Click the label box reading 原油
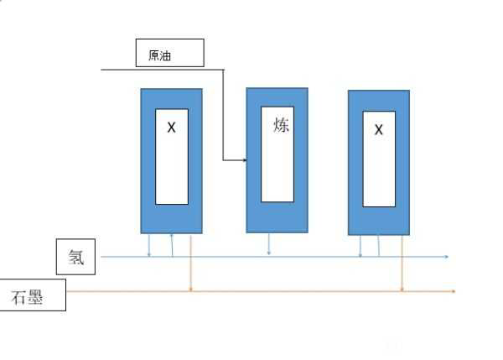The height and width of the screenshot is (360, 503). coord(170,53)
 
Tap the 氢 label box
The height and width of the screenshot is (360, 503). coord(76,257)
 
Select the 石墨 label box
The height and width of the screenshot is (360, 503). coord(32,295)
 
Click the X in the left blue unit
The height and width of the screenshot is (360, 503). coord(171,128)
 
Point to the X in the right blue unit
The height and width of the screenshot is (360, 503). coord(378,130)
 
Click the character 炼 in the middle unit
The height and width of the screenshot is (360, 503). coord(281,125)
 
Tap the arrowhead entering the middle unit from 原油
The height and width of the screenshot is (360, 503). coord(243,159)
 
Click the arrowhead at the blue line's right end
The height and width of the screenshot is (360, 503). coord(447,257)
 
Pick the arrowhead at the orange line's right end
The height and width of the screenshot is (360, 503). coord(454,291)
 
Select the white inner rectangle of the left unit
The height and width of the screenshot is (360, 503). coord(171,157)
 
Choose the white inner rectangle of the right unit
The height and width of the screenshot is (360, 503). coord(379,159)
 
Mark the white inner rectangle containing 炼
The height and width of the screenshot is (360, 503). coord(277,154)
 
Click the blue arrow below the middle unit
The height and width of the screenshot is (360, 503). coord(269,245)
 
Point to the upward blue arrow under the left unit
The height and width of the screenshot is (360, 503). coord(172,244)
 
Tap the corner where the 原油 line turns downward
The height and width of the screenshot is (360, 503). coord(224,70)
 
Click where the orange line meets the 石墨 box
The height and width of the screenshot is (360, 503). coord(66,291)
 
